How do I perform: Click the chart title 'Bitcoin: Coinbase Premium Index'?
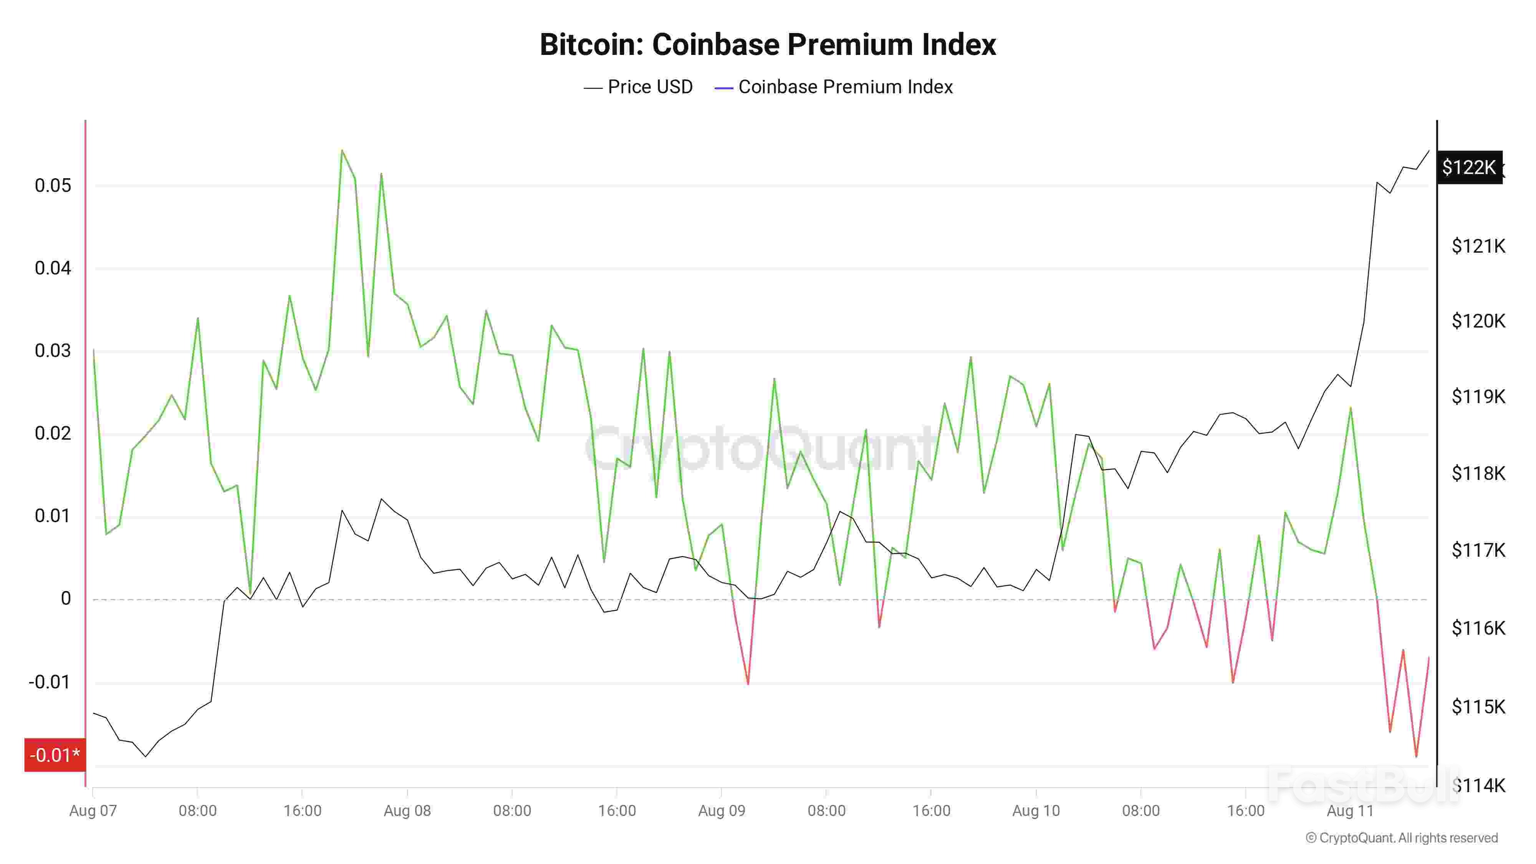tap(767, 45)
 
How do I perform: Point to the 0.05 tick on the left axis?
tap(53, 185)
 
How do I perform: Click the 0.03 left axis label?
tap(53, 351)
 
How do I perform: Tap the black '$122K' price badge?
tap(1469, 167)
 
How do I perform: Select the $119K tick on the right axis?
tap(1478, 397)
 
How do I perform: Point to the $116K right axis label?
tap(1478, 628)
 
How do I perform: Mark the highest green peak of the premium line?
tap(342, 150)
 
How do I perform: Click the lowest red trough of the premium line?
tap(1416, 756)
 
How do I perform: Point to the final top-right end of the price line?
tap(1428, 151)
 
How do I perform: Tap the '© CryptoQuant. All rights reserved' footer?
tap(1401, 838)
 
